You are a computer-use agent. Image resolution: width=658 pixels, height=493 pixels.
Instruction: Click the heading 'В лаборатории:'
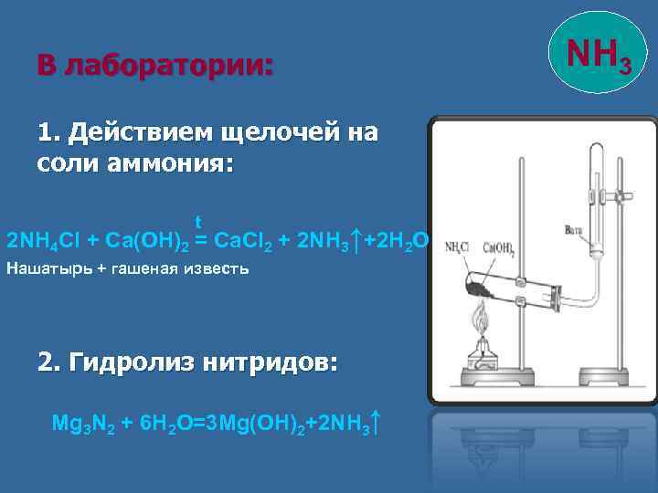(x=154, y=66)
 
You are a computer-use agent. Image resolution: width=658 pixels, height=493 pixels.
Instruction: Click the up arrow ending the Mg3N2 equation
(x=377, y=423)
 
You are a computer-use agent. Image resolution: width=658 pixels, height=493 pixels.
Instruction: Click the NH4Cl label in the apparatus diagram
(x=459, y=247)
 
